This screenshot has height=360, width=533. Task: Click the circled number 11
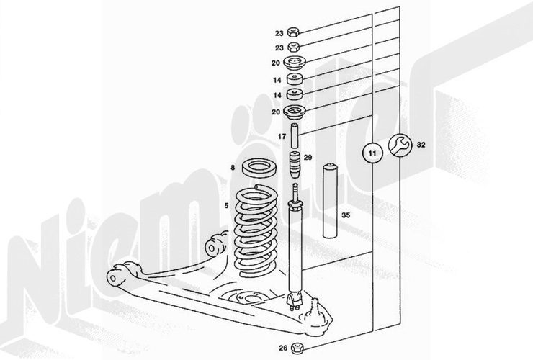click(372, 153)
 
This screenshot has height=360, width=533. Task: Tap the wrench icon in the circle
click(398, 145)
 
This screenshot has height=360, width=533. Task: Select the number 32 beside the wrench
click(421, 145)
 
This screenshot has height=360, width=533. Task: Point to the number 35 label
click(346, 215)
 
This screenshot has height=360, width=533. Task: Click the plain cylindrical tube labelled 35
click(329, 201)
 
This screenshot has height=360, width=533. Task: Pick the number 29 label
click(308, 158)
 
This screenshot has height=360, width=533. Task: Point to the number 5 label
click(226, 206)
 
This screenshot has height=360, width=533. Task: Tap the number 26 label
click(283, 348)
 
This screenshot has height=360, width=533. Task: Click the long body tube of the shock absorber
click(295, 249)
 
